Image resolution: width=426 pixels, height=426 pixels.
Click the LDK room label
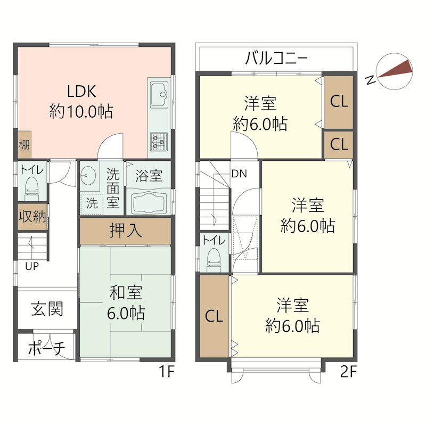pos(81,91)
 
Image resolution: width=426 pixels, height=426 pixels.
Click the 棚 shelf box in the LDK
pos(24,145)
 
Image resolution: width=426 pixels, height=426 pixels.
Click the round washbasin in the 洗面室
pos(88,174)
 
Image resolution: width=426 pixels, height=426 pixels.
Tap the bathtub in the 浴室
pos(149,203)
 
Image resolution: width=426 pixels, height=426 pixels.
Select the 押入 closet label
pos(125,231)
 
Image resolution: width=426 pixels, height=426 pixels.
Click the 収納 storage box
pos(32,217)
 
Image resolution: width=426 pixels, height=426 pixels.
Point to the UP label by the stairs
pos(32,266)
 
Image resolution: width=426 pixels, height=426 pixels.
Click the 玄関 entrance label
pos(47,309)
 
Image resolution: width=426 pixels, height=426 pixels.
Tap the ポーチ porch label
pos(46,348)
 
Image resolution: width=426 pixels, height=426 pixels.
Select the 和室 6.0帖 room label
pos(126,303)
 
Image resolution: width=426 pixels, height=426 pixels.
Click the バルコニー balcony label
pos(276,58)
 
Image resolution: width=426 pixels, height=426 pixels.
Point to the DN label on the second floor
pos(239,174)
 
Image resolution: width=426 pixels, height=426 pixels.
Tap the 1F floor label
pos(166,372)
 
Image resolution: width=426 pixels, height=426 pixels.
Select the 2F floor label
pos(348,372)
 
